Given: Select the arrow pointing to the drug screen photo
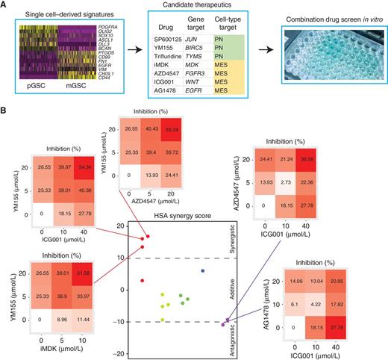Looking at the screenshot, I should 275,54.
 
